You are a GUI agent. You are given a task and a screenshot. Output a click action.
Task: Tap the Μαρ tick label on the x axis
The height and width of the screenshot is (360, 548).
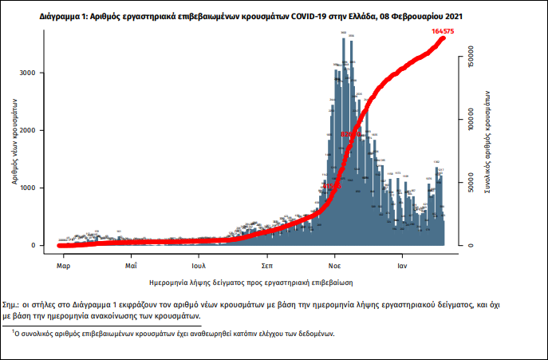[x=64, y=263]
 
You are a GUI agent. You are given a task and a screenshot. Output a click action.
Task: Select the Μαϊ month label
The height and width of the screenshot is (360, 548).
[x=132, y=263]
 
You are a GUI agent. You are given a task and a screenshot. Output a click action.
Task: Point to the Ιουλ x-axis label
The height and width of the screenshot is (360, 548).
[x=199, y=263]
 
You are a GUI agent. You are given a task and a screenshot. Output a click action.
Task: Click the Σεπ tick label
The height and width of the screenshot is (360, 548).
[x=269, y=263]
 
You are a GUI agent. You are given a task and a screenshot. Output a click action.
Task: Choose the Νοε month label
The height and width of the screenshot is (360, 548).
[x=336, y=263]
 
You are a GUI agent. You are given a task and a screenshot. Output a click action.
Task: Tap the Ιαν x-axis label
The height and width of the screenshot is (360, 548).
[x=404, y=263]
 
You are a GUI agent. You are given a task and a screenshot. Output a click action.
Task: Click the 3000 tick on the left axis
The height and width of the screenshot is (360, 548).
[x=29, y=73]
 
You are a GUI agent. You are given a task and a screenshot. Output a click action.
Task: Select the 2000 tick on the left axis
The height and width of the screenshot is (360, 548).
[x=29, y=131]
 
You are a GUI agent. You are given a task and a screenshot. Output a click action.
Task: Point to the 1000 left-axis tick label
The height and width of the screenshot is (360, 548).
[x=29, y=188]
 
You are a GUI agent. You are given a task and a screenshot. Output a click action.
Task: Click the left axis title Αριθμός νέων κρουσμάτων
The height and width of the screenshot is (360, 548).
[x=14, y=140]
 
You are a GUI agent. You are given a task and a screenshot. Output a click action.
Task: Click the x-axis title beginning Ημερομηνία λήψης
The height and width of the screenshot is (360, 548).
[x=250, y=283]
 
